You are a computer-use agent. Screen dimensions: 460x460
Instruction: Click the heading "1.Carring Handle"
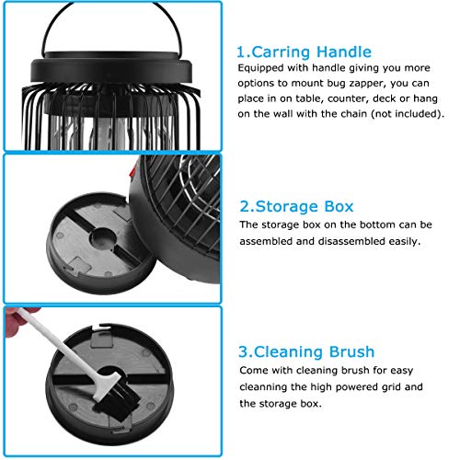[304, 52]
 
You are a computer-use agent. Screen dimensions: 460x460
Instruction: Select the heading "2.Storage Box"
[296, 206]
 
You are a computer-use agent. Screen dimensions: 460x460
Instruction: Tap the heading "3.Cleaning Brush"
[306, 351]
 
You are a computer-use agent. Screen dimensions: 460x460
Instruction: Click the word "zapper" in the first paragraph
[370, 84]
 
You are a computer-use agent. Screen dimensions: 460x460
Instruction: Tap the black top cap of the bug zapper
[111, 68]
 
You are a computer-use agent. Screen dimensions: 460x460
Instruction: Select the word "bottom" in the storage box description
[377, 224]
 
